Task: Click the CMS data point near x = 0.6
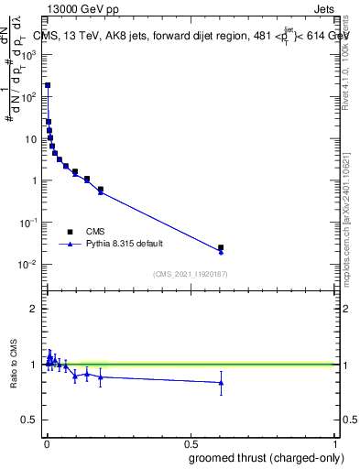[221, 247]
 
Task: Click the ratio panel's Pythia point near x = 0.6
[221, 383]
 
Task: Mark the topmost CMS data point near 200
[48, 85]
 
